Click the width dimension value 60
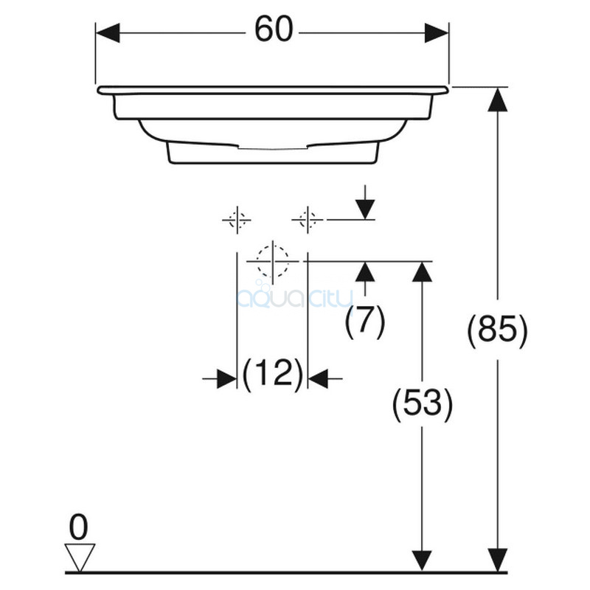274,29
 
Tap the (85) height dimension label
497,330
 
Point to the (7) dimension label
365,322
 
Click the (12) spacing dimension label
272,374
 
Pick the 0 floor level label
79,528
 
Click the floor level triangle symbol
80,558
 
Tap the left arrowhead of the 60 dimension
108,33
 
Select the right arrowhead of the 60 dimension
437,33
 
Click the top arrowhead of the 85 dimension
497,100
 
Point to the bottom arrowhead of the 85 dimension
497,560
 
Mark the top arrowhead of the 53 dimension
422,271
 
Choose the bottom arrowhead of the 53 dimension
422,560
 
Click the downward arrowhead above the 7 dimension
365,209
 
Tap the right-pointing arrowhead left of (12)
226,378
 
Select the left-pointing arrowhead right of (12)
318,378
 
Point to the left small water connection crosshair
237,220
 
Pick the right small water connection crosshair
308,220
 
